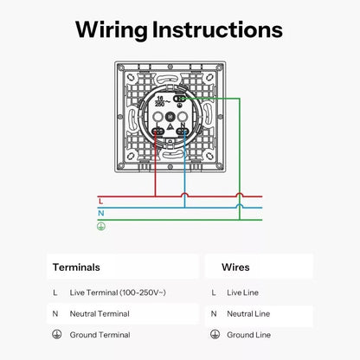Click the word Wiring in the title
[x=112, y=30]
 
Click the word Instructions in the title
[x=217, y=29]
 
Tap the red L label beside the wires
[x=100, y=201]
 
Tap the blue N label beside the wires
[x=101, y=213]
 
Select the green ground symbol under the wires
[x=101, y=227]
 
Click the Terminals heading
[x=76, y=267]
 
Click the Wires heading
[x=235, y=267]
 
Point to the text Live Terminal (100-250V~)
[x=118, y=292]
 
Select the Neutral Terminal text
[x=100, y=313]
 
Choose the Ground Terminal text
[x=100, y=335]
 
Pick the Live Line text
[x=242, y=292]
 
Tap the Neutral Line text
[x=248, y=313]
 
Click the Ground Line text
[x=248, y=335]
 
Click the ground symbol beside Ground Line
[x=215, y=334]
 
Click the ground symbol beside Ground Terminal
[x=57, y=334]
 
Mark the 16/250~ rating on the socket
[x=162, y=101]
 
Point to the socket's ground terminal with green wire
[x=179, y=99]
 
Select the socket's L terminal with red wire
[x=157, y=132]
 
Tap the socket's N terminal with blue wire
[x=183, y=132]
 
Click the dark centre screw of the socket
[x=170, y=117]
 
